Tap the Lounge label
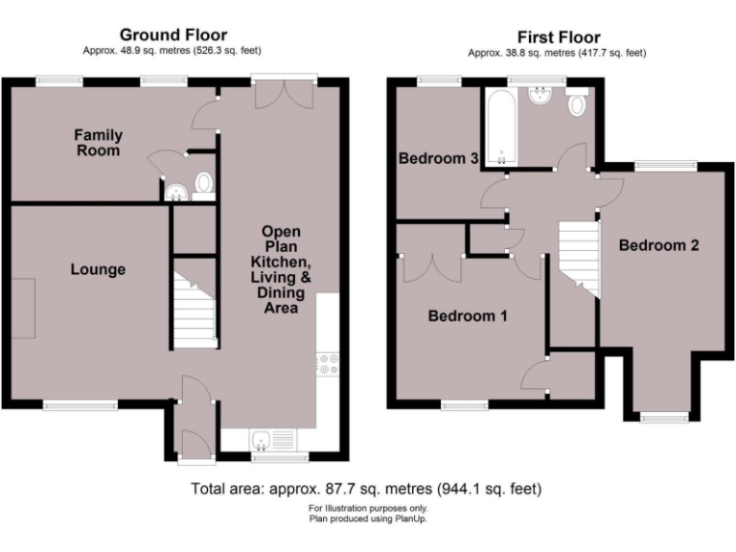(98, 269)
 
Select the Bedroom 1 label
(468, 315)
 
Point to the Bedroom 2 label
(658, 245)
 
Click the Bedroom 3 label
(439, 159)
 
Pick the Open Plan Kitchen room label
(281, 269)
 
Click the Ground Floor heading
(172, 34)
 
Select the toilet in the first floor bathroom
(577, 104)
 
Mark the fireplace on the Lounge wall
(24, 308)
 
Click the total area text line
(367, 488)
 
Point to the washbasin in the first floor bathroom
(539, 96)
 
